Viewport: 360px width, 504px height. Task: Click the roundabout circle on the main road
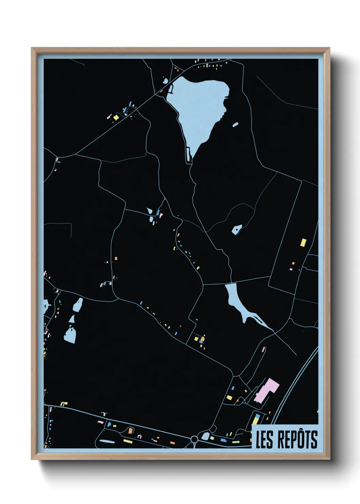(194, 439)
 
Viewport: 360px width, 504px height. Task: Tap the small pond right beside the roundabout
(205, 436)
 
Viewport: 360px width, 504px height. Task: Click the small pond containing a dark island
(236, 229)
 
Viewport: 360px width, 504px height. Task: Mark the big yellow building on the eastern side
(303, 242)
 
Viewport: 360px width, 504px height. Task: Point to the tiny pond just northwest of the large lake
(165, 81)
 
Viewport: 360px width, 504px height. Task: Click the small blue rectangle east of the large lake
(235, 125)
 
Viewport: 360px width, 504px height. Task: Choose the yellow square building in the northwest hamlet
(116, 117)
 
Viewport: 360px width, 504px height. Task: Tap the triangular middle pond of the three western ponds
(72, 319)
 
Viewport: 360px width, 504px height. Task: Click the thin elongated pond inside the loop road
(107, 441)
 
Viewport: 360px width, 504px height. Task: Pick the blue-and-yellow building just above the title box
(256, 419)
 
